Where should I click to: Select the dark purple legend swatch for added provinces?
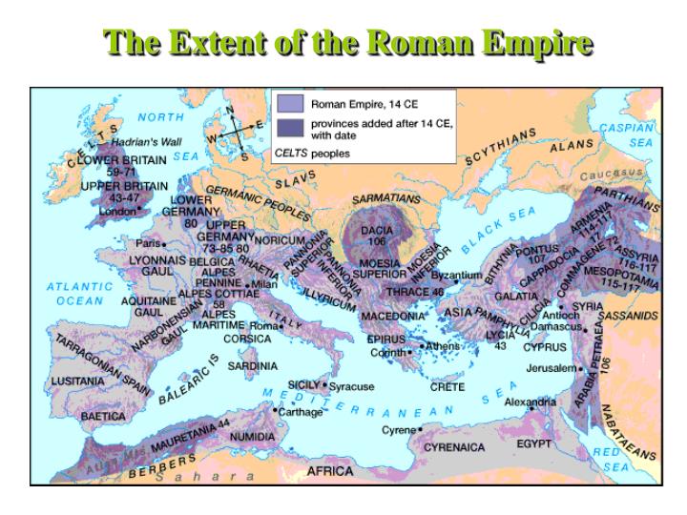pyautogui.click(x=289, y=127)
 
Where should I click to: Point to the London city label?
pyautogui.click(x=116, y=210)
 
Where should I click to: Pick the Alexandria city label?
pyautogui.click(x=531, y=402)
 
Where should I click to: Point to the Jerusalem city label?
pyautogui.click(x=552, y=367)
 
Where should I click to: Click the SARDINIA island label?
pyautogui.click(x=252, y=365)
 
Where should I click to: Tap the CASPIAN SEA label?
pyautogui.click(x=627, y=132)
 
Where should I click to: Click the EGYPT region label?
pyautogui.click(x=534, y=444)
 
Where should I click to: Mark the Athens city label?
pyautogui.click(x=443, y=345)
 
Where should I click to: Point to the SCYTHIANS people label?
pyautogui.click(x=502, y=149)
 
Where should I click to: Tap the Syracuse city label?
pyautogui.click(x=351, y=386)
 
